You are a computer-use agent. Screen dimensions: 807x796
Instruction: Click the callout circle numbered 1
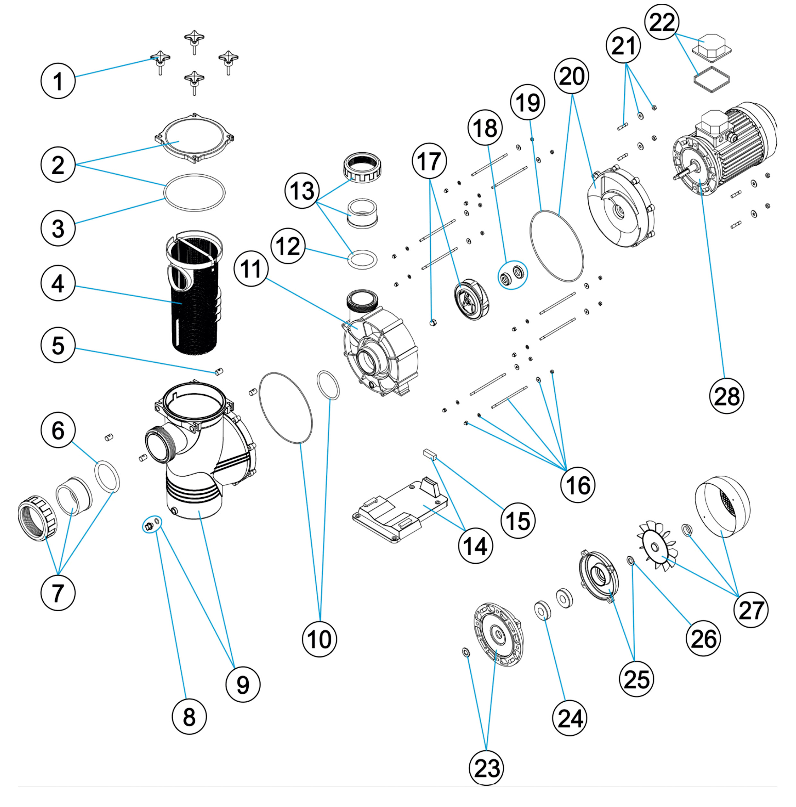click(58, 81)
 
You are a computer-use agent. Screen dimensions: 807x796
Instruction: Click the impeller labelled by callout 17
click(472, 301)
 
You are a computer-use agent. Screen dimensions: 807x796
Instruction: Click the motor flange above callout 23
click(498, 635)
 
